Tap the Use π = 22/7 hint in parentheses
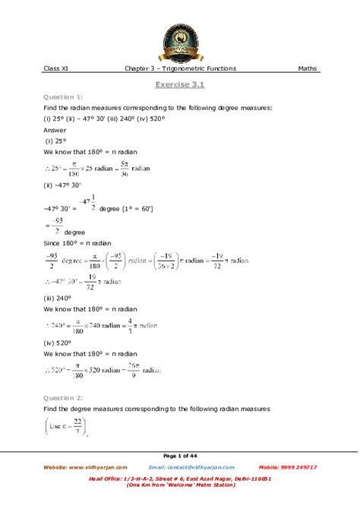point(67,428)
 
